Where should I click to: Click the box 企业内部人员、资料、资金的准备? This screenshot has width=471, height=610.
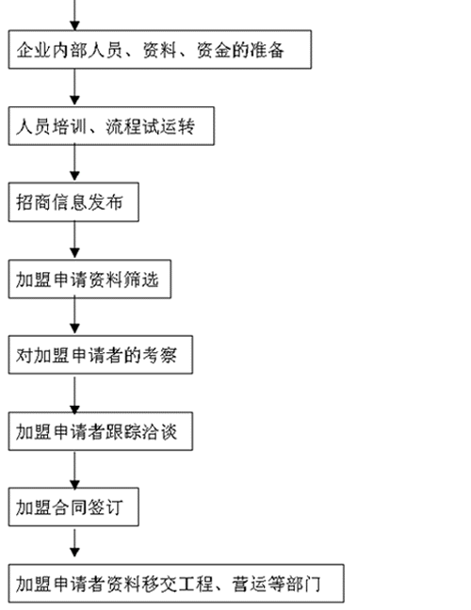pyautogui.click(x=160, y=49)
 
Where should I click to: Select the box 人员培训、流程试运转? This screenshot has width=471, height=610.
pyautogui.click(x=111, y=126)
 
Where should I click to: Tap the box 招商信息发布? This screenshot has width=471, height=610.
pyautogui.click(x=73, y=201)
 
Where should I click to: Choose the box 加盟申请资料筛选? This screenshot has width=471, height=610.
pyautogui.click(x=89, y=279)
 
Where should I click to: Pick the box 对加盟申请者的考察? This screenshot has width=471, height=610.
pyautogui.click(x=101, y=355)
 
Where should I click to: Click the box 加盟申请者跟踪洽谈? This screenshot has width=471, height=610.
pyautogui.click(x=101, y=431)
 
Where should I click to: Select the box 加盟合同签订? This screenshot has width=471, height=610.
pyautogui.click(x=73, y=506)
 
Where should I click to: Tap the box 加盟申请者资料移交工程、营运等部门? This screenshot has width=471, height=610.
pyautogui.click(x=176, y=583)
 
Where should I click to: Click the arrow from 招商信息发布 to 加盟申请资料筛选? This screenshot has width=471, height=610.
pyautogui.click(x=74, y=240)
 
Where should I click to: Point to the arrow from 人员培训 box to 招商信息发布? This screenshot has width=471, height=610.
pyautogui.click(x=74, y=164)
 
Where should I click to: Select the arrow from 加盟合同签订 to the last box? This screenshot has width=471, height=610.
pyautogui.click(x=74, y=542)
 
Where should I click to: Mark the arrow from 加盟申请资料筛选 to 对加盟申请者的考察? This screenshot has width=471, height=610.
pyautogui.click(x=74, y=316)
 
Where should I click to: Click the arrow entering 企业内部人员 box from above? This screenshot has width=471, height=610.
pyautogui.click(x=74, y=15)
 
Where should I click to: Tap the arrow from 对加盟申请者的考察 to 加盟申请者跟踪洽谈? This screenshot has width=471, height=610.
pyautogui.click(x=74, y=394)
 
